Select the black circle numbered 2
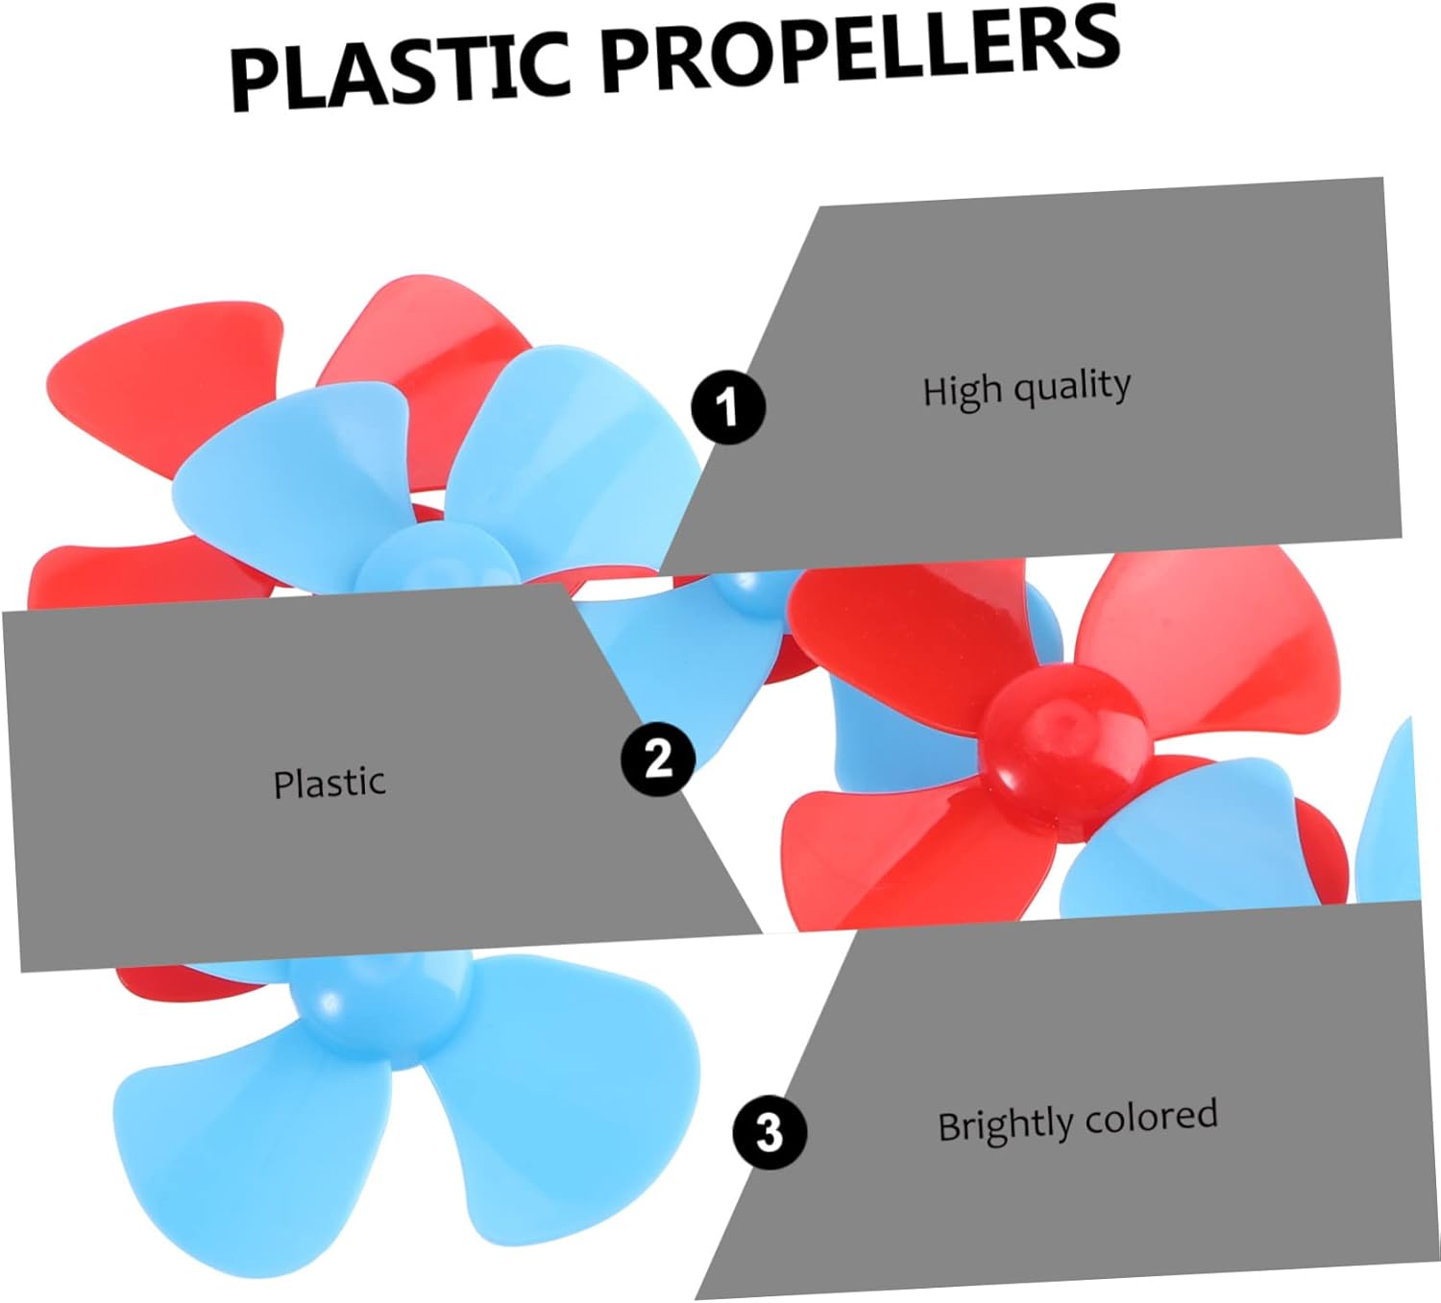click(658, 759)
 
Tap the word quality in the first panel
click(1073, 386)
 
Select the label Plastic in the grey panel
click(330, 784)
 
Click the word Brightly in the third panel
click(1005, 1124)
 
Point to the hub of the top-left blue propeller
click(432, 567)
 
